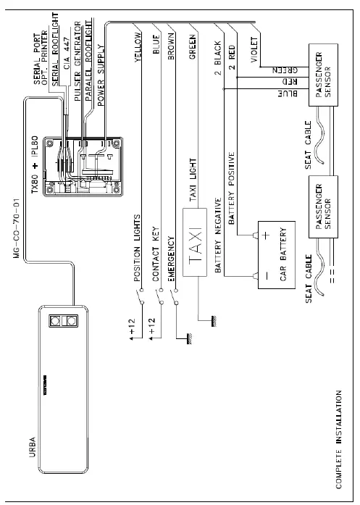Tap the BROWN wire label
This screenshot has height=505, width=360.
click(172, 51)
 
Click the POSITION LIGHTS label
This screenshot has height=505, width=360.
click(138, 249)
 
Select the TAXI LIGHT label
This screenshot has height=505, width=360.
click(193, 180)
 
